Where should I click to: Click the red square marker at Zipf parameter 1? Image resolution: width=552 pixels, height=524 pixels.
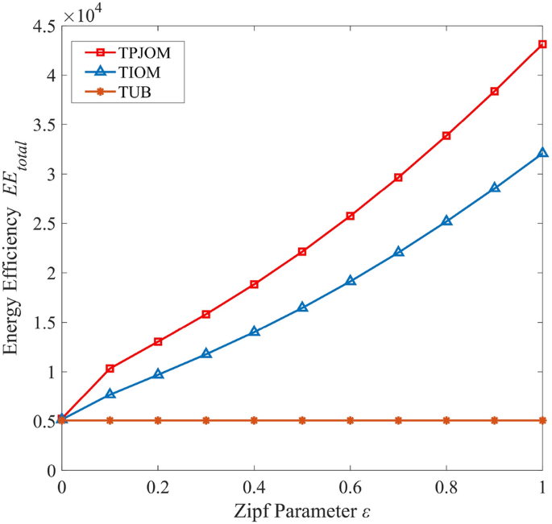542,44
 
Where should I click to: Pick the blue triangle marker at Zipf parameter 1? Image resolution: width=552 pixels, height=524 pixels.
542,152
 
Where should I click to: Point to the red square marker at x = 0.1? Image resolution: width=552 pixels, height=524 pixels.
110,369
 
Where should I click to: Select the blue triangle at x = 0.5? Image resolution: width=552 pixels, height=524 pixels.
302,307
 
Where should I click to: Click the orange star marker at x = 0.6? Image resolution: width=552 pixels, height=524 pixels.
351,420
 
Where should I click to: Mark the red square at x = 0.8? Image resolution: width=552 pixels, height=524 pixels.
446,136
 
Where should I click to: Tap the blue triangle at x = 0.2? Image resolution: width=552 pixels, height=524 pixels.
158,373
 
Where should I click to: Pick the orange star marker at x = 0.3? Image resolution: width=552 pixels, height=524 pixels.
206,420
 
